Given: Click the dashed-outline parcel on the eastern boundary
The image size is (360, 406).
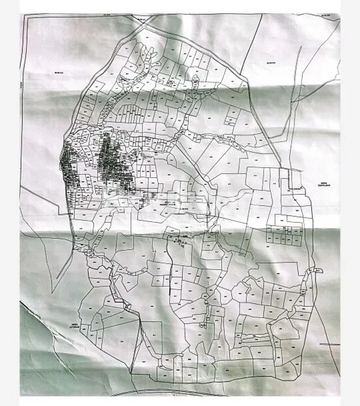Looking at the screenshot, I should pos(293,177).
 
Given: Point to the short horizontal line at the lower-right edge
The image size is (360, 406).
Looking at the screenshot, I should pos(330,344).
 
